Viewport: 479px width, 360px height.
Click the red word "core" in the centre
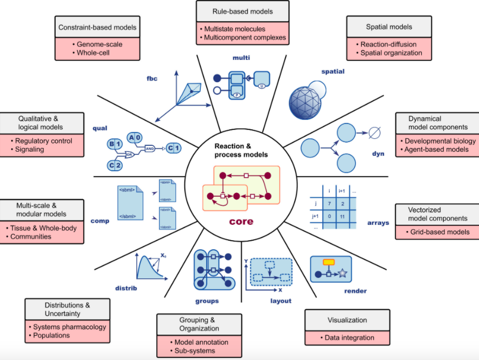point(241,221)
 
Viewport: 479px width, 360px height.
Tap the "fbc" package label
point(152,79)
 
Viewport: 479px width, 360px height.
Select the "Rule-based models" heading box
point(242,12)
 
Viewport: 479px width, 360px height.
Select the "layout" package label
point(281,301)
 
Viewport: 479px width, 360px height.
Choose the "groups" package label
point(206,301)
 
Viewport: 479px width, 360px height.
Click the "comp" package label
point(100,221)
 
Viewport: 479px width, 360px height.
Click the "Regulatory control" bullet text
point(43,141)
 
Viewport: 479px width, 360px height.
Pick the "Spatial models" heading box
point(389,27)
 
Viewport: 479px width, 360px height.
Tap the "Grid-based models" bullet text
point(440,232)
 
